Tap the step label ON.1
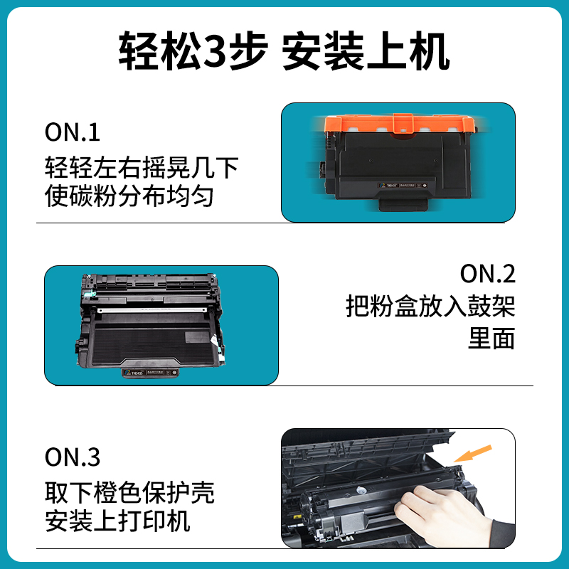tap(73, 132)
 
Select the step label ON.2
tap(488, 274)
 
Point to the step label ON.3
tap(73, 457)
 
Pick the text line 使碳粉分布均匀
tap(129, 196)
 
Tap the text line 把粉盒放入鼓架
tap(430, 307)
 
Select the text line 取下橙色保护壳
tap(129, 491)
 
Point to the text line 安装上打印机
tap(117, 521)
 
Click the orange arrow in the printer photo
tap(474, 452)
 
